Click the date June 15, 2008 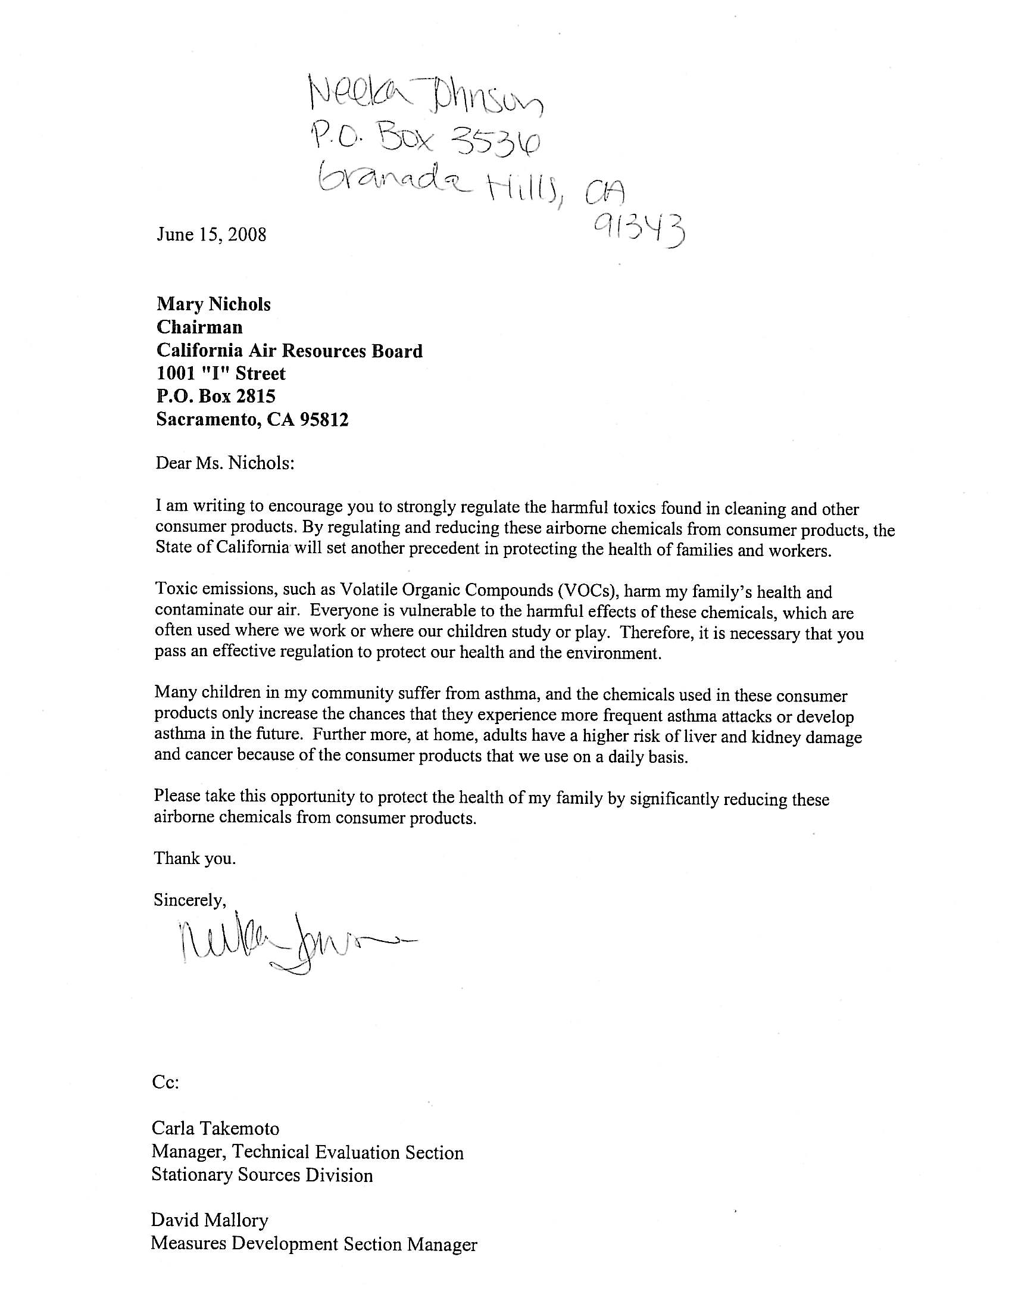pyautogui.click(x=211, y=234)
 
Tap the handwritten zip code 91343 pyautogui.click(x=639, y=230)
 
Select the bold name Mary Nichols pyautogui.click(x=214, y=304)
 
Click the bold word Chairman pyautogui.click(x=199, y=327)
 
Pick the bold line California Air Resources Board pyautogui.click(x=289, y=350)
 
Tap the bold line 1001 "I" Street pyautogui.click(x=221, y=373)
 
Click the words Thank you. pyautogui.click(x=195, y=858)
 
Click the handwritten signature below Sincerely pyautogui.click(x=288, y=949)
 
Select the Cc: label pyautogui.click(x=165, y=1083)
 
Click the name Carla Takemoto pyautogui.click(x=215, y=1128)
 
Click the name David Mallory pyautogui.click(x=209, y=1220)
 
